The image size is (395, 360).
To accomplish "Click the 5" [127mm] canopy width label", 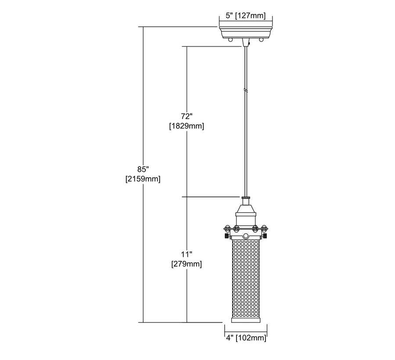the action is pyautogui.click(x=246, y=16).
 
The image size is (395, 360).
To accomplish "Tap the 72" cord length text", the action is pyautogui.click(x=187, y=116).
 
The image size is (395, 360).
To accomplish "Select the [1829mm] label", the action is pyautogui.click(x=187, y=125).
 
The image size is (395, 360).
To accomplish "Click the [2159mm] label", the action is pyautogui.click(x=143, y=179).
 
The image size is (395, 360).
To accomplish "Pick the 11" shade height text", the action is pyautogui.click(x=187, y=254).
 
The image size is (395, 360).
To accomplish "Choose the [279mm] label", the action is pyautogui.click(x=187, y=264).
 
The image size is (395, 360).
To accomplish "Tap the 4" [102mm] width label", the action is pyautogui.click(x=246, y=338).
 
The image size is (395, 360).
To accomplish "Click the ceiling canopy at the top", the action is pyautogui.click(x=246, y=32).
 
